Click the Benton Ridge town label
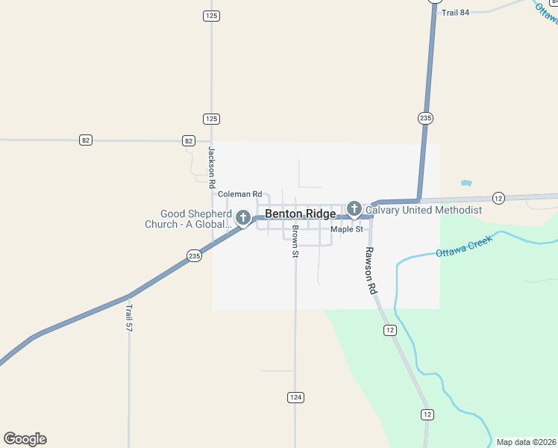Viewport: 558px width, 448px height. pos(301,214)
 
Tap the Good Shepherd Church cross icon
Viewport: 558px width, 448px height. pos(242,218)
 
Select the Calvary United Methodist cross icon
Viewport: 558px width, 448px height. pos(354,209)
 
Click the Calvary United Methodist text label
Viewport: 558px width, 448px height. pos(424,211)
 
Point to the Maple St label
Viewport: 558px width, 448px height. pos(346,229)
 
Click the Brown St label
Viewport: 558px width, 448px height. pos(295,241)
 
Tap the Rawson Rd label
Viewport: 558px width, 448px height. pos(369,270)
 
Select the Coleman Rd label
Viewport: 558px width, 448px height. pos(239,194)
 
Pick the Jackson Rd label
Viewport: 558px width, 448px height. pos(212,167)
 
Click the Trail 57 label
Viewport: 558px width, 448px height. pos(129,317)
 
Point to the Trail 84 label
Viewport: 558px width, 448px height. pos(455,13)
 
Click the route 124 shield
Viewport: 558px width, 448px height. pos(295,397)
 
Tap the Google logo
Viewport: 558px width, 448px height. pos(25,439)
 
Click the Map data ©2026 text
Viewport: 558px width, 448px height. pos(527,442)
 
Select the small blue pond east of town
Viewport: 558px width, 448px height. pos(467,183)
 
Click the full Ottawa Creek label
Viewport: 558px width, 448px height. pos(464,248)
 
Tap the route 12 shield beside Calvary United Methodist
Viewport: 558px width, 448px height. pos(499,198)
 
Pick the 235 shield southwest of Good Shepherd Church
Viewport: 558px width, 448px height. pos(194,256)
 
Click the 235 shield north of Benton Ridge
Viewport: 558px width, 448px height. pos(425,118)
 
